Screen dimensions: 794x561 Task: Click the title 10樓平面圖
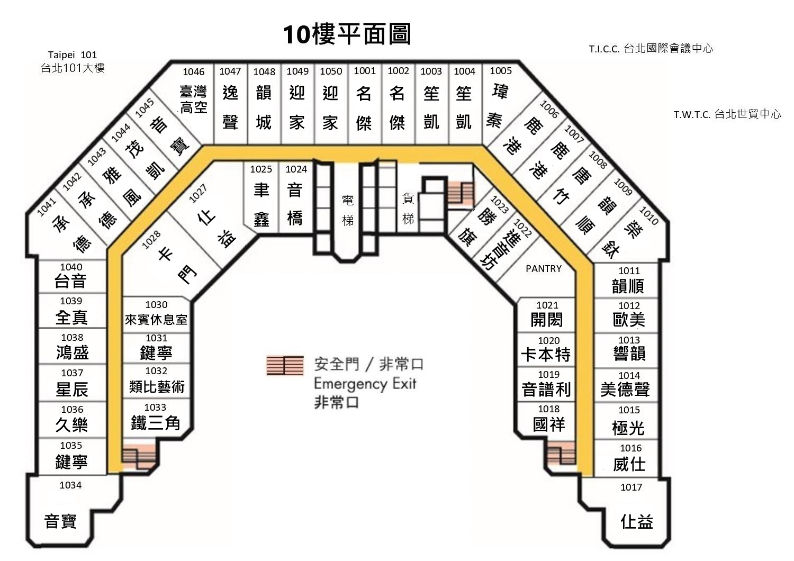pyautogui.click(x=347, y=34)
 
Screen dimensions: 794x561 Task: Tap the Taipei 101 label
pyautogui.click(x=73, y=55)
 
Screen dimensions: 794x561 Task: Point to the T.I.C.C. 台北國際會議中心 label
pyautogui.click(x=651, y=49)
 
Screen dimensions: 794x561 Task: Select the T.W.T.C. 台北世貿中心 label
pyautogui.click(x=727, y=114)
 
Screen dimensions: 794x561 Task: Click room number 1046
pyautogui.click(x=194, y=72)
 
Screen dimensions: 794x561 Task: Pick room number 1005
pyautogui.click(x=501, y=71)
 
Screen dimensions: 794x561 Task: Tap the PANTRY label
pyautogui.click(x=544, y=269)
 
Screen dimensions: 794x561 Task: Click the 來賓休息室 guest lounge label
pyautogui.click(x=156, y=320)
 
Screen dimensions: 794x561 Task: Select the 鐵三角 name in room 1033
pyautogui.click(x=156, y=423)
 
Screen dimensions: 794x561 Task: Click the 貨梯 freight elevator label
pyautogui.click(x=408, y=209)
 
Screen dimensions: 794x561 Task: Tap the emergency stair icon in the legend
pyautogui.click(x=285, y=365)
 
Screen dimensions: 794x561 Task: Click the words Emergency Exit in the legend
pyautogui.click(x=365, y=384)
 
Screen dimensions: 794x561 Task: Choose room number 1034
pyautogui.click(x=70, y=485)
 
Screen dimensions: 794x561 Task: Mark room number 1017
pyautogui.click(x=631, y=487)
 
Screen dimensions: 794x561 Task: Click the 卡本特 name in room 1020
pyautogui.click(x=546, y=355)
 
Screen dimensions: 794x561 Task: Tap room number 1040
pyautogui.click(x=71, y=267)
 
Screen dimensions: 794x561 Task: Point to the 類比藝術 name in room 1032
pyautogui.click(x=157, y=386)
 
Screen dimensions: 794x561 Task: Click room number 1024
pyautogui.click(x=296, y=169)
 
